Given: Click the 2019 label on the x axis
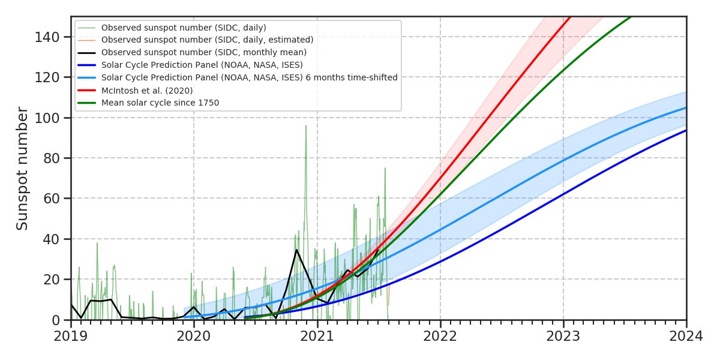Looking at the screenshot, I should [x=71, y=337].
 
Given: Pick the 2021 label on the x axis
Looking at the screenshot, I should [x=317, y=337].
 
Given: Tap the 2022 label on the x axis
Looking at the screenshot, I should [x=440, y=337].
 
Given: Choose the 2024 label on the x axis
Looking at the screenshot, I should [x=686, y=337].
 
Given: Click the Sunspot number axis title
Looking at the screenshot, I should [x=22, y=168].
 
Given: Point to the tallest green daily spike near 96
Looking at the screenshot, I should [x=306, y=125].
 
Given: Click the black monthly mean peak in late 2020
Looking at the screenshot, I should [x=296, y=250].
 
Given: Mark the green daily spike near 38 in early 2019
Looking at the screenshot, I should [x=97, y=242].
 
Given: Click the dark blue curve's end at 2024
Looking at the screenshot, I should [x=686, y=130].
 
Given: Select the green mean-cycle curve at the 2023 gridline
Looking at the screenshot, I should [x=563, y=70].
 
